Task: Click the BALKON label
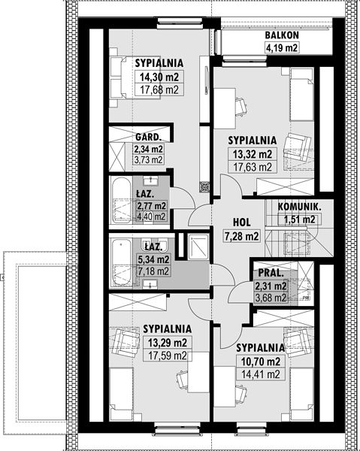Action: coord(282,35)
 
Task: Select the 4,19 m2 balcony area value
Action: coord(282,48)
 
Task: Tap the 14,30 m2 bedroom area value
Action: coord(159,77)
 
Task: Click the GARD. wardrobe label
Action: coord(148,138)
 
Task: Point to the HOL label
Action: coord(241,222)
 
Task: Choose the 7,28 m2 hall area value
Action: coord(241,237)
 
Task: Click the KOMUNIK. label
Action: coord(299,207)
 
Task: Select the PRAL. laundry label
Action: coord(271,273)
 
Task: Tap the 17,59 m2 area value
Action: coord(168,356)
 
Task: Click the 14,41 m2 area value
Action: coord(261,374)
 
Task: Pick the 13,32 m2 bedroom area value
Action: coord(253,154)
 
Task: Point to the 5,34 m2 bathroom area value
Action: coord(153,259)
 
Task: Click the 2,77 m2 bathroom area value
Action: coord(152,206)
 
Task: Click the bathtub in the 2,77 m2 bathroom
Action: coord(121,200)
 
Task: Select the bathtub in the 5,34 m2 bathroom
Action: coord(122,263)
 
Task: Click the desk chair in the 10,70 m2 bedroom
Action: coord(241,392)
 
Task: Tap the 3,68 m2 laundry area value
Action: coord(271,298)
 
